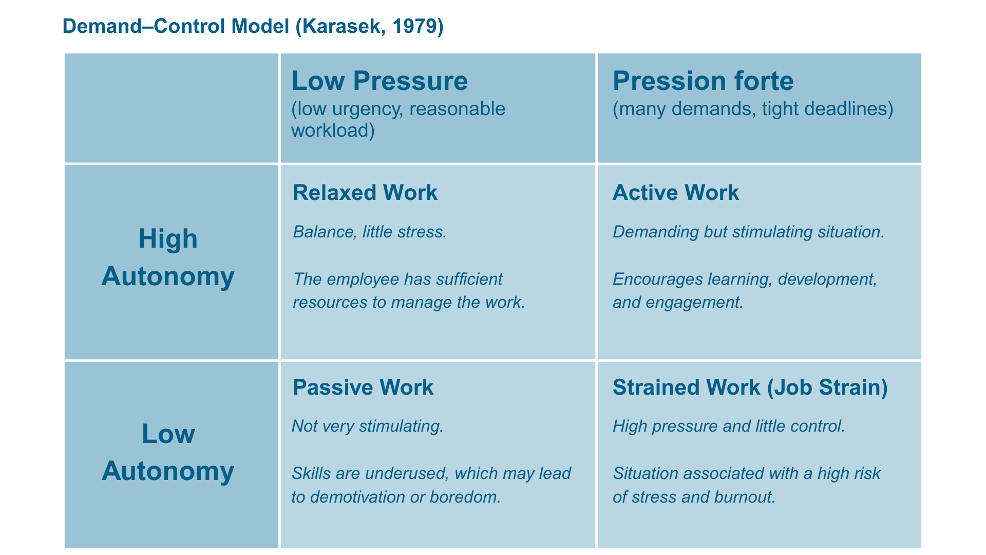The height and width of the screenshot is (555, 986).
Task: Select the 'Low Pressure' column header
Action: (380, 81)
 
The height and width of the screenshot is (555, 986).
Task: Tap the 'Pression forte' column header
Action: (703, 81)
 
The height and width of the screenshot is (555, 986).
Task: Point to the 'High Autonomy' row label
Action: (168, 257)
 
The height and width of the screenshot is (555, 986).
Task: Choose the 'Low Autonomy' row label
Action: (168, 453)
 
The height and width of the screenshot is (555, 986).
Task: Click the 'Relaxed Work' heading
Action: (365, 193)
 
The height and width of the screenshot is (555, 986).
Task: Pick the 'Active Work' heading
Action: (676, 193)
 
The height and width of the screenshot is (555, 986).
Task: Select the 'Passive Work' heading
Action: (363, 387)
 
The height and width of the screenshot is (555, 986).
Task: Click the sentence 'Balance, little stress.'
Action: (370, 232)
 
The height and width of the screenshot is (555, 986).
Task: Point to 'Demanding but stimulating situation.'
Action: (749, 232)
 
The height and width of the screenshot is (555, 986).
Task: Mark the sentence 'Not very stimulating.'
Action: (368, 427)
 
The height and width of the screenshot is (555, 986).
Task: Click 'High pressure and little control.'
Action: (729, 427)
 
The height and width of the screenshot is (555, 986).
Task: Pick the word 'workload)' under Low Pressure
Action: (333, 131)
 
